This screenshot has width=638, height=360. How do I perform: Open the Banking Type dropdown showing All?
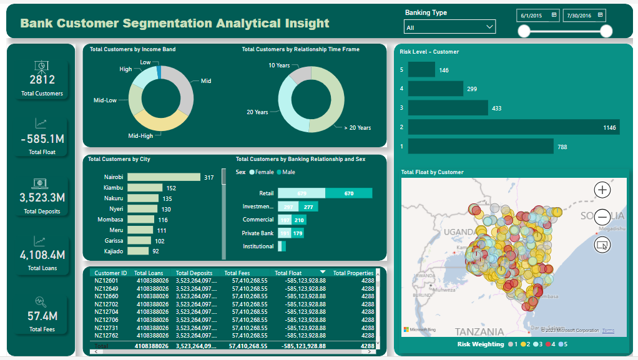[x=449, y=27]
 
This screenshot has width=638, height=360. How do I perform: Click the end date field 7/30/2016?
[x=584, y=15]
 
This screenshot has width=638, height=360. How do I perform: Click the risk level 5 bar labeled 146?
[x=421, y=70]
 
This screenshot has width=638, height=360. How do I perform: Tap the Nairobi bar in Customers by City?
[x=163, y=178]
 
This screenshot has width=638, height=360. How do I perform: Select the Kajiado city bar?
[x=137, y=251]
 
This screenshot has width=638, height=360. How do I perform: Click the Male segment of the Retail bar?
[x=348, y=193]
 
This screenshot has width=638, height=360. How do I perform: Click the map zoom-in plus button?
[x=602, y=190]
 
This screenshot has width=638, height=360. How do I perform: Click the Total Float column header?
[x=288, y=273]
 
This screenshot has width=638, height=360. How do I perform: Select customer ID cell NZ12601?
[x=106, y=281]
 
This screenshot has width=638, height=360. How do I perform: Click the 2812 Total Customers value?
[x=42, y=79]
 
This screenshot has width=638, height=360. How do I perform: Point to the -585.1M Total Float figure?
[x=42, y=139]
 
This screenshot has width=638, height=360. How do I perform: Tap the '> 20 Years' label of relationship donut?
[x=357, y=128]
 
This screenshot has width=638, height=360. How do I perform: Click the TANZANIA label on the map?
[x=479, y=331]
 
